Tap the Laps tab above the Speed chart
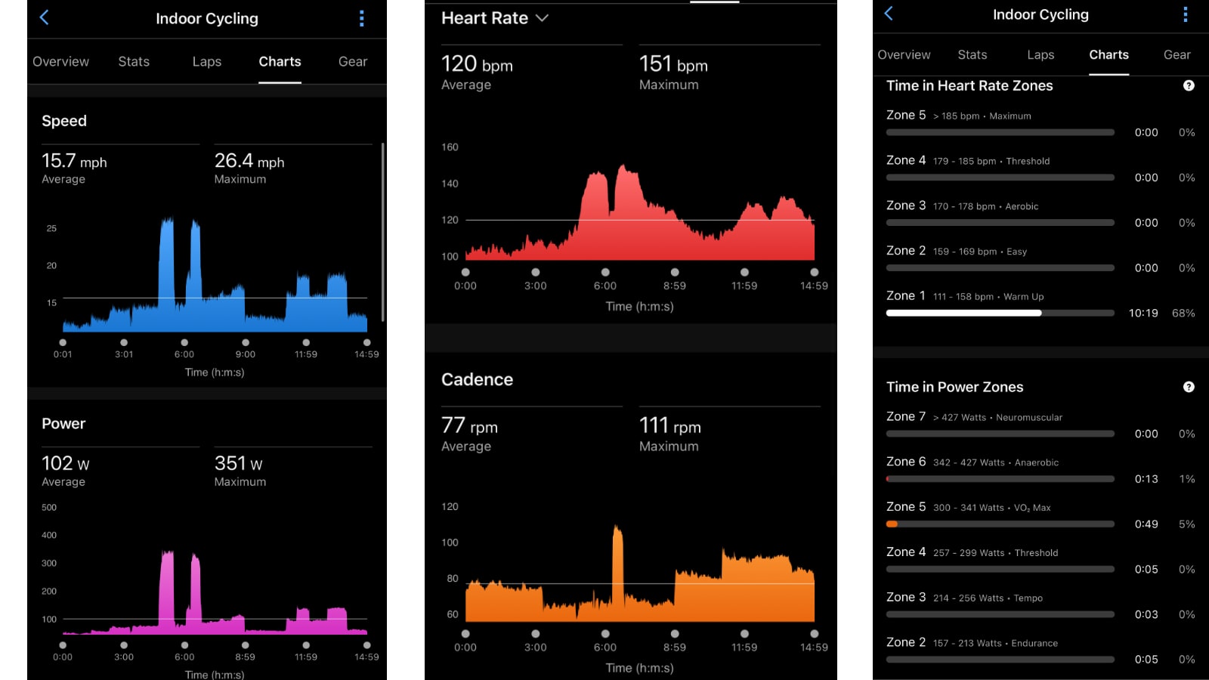tap(206, 62)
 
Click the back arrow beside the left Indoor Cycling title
tap(45, 17)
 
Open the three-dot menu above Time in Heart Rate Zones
tap(1185, 14)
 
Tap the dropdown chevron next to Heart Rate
tap(542, 18)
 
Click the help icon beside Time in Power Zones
tap(1189, 387)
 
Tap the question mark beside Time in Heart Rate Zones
tap(1189, 85)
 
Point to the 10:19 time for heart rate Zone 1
tap(1143, 313)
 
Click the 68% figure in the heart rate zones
tap(1183, 313)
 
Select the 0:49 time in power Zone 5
tap(1146, 524)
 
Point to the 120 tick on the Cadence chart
tap(450, 506)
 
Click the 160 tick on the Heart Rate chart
tap(450, 147)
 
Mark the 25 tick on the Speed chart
tap(51, 228)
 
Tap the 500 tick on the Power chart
tap(49, 507)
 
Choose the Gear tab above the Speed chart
tap(353, 62)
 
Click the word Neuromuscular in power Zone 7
tap(1029, 417)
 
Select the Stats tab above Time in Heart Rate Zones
tap(972, 54)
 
